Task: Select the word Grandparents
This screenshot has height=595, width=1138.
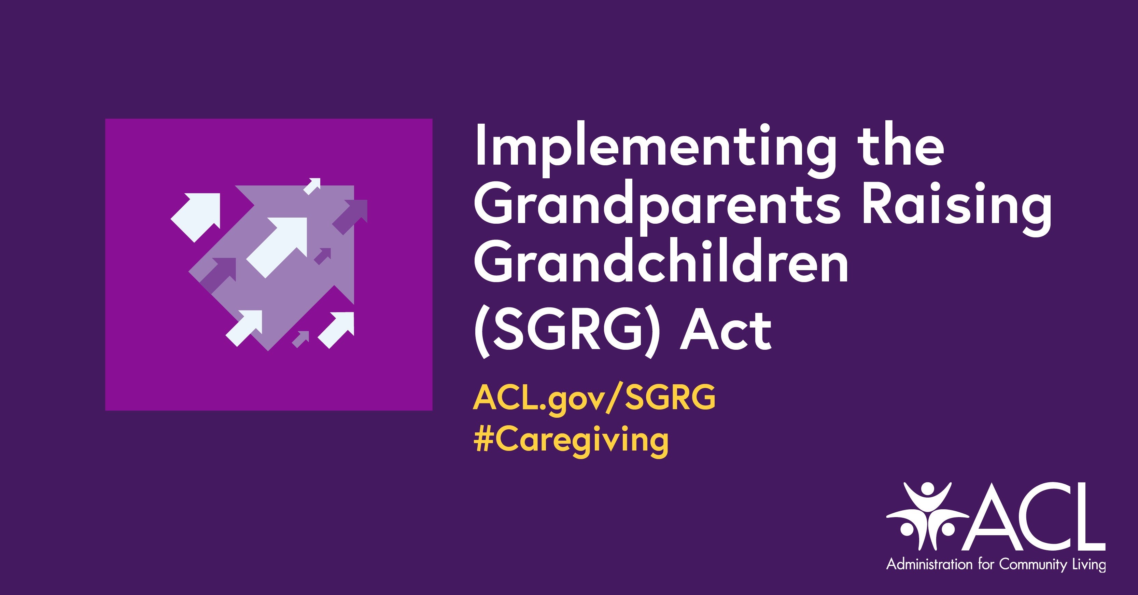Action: pos(657,208)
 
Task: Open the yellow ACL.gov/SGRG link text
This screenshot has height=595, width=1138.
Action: pos(594,398)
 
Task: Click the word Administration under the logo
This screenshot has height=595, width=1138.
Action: pos(929,565)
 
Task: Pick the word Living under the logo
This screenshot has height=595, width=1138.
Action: pos(1087,565)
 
